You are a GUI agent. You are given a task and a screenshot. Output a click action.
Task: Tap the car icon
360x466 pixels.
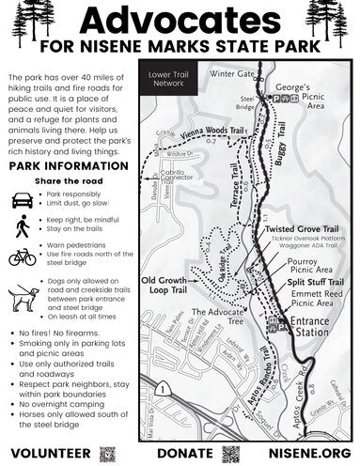click(x=23, y=200)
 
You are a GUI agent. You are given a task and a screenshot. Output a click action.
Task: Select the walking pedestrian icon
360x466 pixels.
click(x=23, y=227)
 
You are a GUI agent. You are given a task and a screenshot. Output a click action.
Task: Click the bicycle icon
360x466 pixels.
click(x=23, y=256)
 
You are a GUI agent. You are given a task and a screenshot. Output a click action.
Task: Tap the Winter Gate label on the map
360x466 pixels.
click(x=233, y=73)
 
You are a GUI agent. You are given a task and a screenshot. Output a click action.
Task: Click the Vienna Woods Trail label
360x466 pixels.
click(x=196, y=133)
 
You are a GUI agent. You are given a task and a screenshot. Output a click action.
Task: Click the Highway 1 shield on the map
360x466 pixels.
click(x=163, y=387)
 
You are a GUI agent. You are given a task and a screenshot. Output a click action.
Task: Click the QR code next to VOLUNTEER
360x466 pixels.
click(x=106, y=454)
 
